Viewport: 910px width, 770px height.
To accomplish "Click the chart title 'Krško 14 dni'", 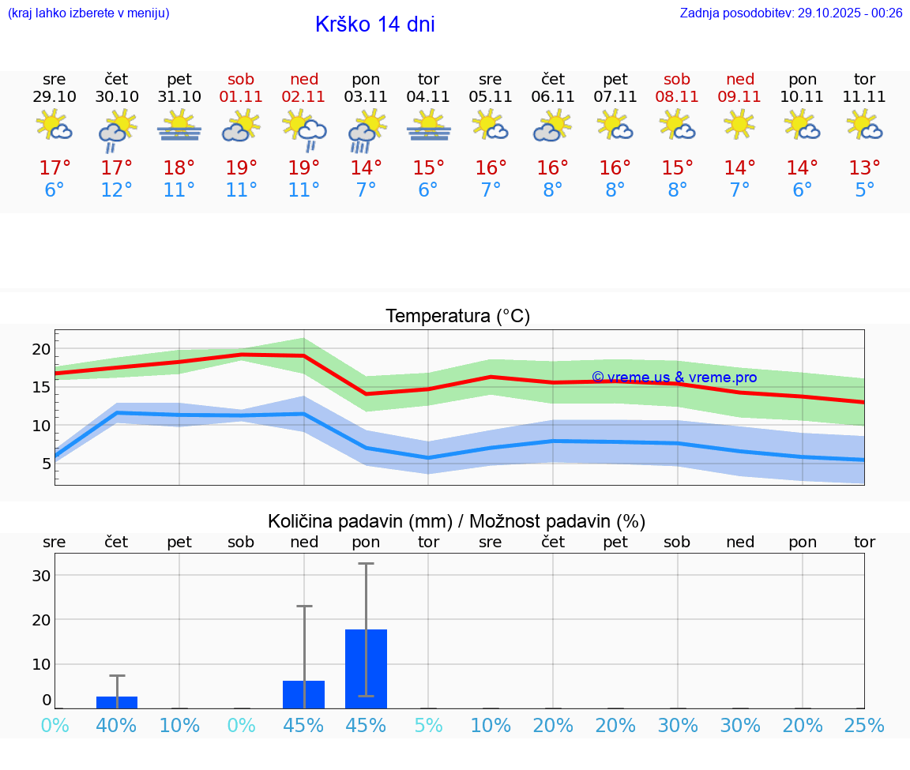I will [374, 24].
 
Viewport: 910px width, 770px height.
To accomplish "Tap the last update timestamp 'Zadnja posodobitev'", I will [791, 13].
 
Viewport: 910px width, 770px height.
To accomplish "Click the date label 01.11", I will [241, 97].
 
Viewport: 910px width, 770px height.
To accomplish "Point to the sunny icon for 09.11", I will [739, 124].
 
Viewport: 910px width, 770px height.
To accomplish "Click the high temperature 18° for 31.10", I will [179, 168].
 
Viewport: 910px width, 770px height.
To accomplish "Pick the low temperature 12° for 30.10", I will [117, 190].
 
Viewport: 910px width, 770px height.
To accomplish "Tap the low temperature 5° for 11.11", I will [864, 190].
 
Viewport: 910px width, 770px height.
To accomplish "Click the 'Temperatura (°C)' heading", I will [457, 317].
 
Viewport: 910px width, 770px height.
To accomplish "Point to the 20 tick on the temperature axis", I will [41, 349].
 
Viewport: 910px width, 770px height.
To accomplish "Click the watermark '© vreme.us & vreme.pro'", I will [674, 377].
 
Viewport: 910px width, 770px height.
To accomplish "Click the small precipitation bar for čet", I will [117, 702].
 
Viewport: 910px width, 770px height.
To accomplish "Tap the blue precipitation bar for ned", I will [304, 694].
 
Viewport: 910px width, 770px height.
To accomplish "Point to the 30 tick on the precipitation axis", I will [41, 575].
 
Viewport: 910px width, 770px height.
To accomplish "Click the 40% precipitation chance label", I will [117, 725].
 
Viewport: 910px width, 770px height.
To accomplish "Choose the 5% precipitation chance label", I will [428, 725].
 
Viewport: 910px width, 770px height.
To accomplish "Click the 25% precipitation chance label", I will [864, 725].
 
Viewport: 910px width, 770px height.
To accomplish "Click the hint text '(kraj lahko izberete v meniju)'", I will [88, 13].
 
